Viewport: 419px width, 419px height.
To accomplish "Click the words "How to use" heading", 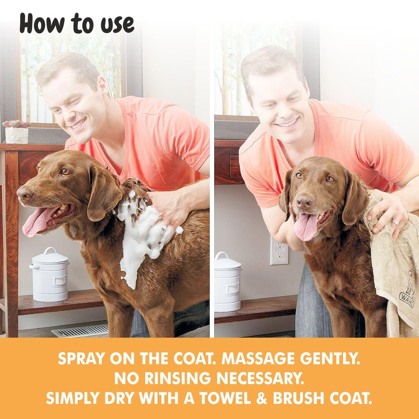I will [77, 24].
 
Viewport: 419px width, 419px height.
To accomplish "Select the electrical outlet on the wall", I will [279, 251].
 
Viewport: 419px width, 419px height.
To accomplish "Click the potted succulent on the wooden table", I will [17, 132].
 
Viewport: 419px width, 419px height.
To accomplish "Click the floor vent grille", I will [80, 330].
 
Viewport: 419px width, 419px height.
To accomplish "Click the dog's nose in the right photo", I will [304, 201].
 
